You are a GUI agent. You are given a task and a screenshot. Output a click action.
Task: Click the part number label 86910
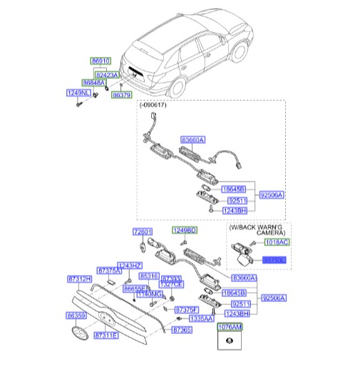click(101, 63)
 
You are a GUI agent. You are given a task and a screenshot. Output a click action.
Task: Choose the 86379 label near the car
click(122, 95)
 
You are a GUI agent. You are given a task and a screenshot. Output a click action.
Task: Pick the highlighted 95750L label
click(274, 261)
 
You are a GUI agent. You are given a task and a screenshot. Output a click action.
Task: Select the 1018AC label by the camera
click(274, 243)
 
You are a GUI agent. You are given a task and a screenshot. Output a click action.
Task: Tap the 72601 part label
click(143, 232)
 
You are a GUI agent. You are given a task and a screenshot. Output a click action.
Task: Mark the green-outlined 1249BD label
click(185, 231)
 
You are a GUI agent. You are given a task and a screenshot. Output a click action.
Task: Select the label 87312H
click(79, 279)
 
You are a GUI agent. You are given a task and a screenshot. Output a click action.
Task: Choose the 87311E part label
click(106, 334)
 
